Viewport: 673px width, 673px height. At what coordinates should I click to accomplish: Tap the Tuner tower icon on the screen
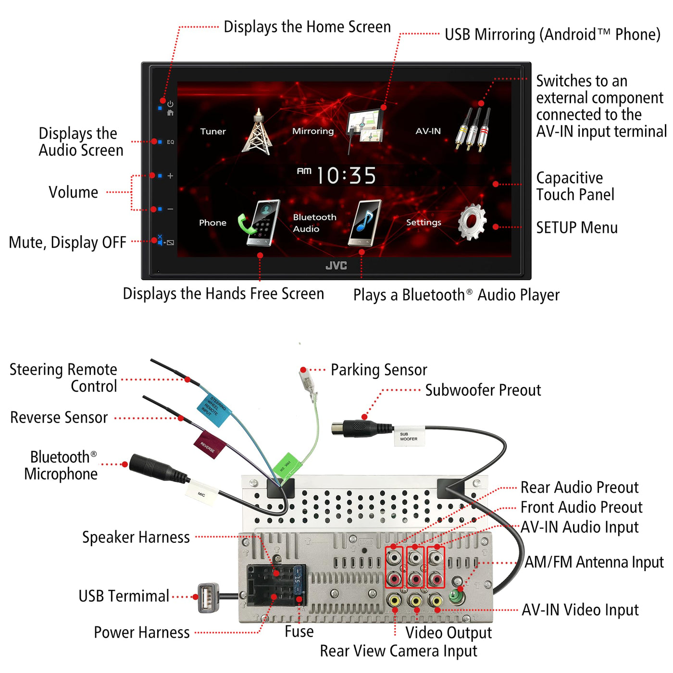pos(259,132)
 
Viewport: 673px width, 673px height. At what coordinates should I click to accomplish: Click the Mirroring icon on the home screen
pos(365,126)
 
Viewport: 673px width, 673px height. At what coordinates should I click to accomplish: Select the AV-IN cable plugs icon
pos(473,130)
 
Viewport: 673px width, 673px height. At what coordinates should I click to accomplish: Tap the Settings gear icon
pos(472,222)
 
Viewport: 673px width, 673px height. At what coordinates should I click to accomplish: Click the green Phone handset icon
pos(260,223)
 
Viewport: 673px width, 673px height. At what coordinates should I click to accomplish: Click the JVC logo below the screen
pos(336,266)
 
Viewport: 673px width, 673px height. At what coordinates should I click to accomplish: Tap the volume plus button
pos(170,176)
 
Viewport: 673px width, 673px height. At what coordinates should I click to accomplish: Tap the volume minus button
pos(170,209)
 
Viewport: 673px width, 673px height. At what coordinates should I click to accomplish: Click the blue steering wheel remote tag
pos(214,410)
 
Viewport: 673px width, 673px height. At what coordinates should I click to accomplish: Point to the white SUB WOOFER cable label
pos(409,436)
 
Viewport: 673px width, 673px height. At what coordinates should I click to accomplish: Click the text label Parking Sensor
pos(379,370)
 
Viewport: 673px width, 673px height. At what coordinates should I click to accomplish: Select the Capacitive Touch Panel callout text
pos(575,186)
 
